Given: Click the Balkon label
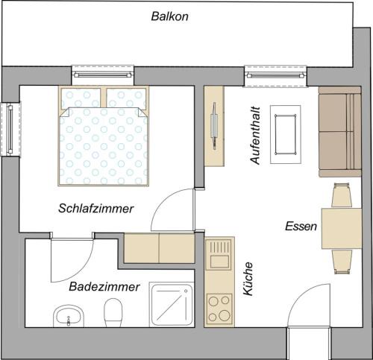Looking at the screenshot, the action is [x=169, y=16].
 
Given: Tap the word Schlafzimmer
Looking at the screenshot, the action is [x=96, y=209].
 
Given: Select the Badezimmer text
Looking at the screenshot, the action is [x=104, y=287].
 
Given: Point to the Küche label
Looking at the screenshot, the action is [x=248, y=279].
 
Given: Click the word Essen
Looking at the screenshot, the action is [x=301, y=227].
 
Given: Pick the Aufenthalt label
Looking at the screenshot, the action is [x=255, y=136].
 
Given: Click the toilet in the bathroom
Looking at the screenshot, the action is [x=113, y=313].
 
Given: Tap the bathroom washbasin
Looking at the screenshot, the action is [x=69, y=316].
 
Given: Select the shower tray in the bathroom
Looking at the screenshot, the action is [x=172, y=305].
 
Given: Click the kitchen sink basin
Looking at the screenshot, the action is [x=219, y=261].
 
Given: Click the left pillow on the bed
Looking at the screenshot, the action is [x=81, y=98].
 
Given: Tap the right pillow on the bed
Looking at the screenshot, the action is [x=126, y=98].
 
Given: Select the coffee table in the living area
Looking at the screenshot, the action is [x=285, y=134].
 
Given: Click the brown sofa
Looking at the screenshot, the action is [x=340, y=132].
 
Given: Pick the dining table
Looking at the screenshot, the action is [x=342, y=229].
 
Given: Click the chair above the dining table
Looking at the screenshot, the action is [x=342, y=195].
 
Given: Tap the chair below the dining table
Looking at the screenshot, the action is [x=342, y=262].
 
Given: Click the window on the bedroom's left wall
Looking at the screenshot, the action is [x=10, y=129].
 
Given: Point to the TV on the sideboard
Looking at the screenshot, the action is [x=214, y=126].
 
